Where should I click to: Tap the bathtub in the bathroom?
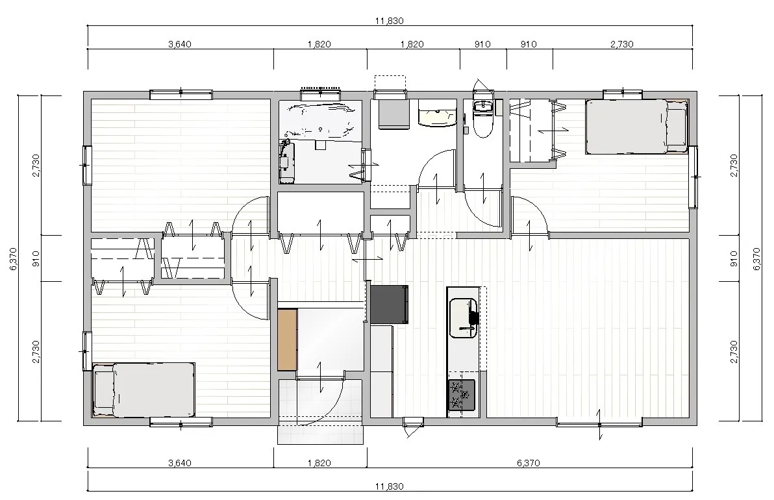tap(320, 120)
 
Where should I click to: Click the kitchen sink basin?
tap(463, 318)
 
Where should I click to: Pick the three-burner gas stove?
tap(462, 395)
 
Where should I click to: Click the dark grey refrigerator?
tap(389, 304)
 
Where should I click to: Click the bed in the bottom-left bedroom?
tap(144, 390)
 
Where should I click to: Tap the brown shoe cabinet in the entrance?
tap(287, 339)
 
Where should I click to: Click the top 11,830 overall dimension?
tap(390, 21)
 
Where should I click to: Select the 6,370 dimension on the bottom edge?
tap(528, 463)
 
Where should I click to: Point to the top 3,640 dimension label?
tap(180, 44)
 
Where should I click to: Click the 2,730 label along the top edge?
tap(622, 44)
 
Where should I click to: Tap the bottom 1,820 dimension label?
tap(319, 463)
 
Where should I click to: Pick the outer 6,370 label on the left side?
tap(13, 258)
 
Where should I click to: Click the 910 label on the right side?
tap(733, 258)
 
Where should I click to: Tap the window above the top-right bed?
tap(623, 93)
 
